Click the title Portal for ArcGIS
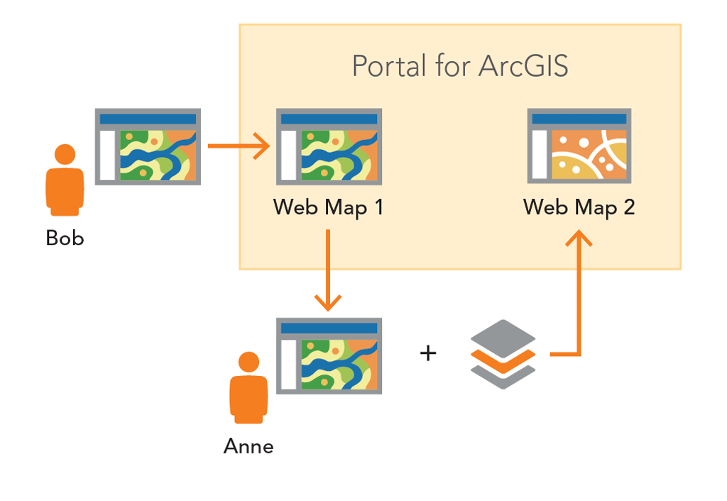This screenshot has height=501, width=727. pos(460,66)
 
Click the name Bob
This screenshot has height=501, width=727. pos(65,238)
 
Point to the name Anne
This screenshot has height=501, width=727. pos(248,446)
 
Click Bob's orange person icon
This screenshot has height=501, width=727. pos(65,181)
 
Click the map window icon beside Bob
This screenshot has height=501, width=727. pos(148,146)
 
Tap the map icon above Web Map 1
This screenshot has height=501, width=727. pos(329,146)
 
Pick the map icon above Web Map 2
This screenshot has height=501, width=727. pos(579,146)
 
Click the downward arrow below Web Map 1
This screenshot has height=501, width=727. pos(328,270)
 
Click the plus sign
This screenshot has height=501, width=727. pos(428,352)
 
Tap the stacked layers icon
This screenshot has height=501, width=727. pos(503,354)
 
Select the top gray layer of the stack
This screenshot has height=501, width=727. pos(503,335)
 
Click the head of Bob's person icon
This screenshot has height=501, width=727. pos(65,154)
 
